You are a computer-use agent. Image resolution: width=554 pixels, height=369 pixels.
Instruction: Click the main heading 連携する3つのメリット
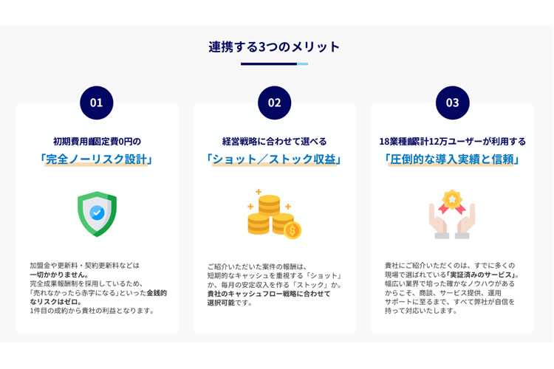(x=274, y=47)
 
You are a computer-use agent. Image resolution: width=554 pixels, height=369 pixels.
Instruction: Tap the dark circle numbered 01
(x=97, y=103)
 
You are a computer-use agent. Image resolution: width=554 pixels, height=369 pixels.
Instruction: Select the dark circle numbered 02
(x=275, y=103)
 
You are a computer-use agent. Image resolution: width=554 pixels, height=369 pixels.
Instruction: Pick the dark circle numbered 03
(x=453, y=103)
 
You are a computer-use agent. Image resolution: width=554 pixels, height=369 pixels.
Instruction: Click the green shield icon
(x=98, y=213)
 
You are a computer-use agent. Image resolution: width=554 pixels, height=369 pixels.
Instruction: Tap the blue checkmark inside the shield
(x=97, y=213)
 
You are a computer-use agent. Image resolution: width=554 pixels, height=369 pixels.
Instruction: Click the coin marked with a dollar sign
(x=293, y=230)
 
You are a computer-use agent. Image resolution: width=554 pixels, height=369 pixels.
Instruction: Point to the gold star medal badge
(x=452, y=200)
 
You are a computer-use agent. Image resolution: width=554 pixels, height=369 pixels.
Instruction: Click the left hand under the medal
(x=438, y=221)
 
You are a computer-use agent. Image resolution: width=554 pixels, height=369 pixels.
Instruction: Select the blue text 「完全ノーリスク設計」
(x=97, y=159)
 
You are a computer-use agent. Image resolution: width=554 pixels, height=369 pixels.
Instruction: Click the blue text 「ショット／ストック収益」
(x=274, y=159)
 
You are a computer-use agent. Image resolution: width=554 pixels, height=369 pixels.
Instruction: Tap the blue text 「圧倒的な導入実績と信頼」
(x=452, y=159)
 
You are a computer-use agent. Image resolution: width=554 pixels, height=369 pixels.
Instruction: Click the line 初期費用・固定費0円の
(x=98, y=142)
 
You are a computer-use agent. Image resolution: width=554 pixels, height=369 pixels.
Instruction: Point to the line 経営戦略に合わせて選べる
(x=275, y=142)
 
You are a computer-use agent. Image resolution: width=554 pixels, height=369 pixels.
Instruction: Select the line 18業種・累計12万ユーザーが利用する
(x=453, y=142)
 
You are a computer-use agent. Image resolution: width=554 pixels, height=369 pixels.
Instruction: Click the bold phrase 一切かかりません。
(x=59, y=275)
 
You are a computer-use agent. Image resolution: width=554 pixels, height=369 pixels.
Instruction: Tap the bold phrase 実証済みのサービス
(x=480, y=275)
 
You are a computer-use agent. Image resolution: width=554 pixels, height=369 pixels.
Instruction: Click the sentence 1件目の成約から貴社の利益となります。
(x=92, y=311)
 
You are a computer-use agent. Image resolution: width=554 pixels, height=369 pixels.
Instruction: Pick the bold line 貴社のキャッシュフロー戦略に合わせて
(x=269, y=294)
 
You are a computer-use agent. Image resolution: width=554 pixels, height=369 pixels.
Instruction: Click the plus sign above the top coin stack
(x=259, y=192)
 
